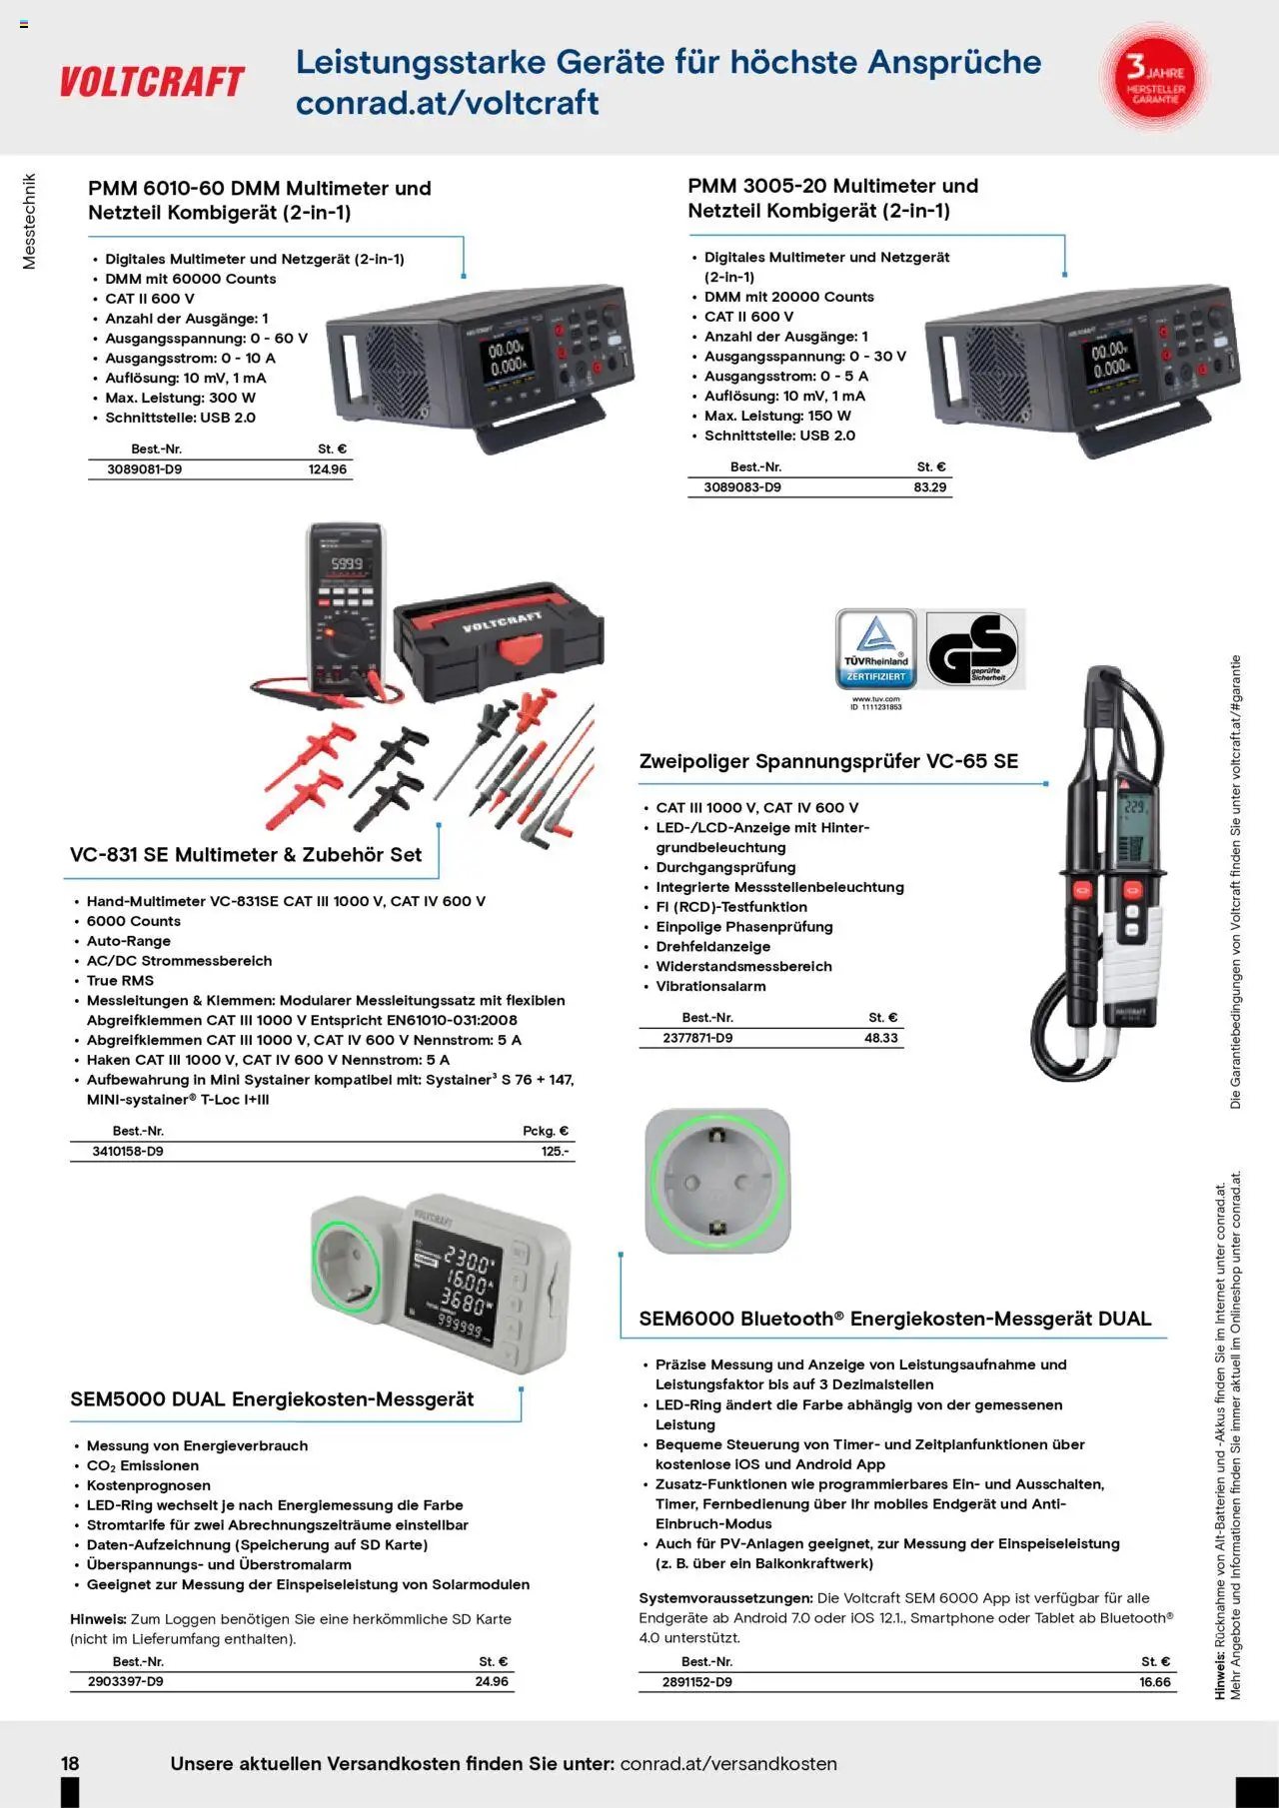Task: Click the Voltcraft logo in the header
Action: click(x=152, y=82)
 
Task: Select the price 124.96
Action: click(x=328, y=469)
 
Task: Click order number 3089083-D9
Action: click(x=742, y=487)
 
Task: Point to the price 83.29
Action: click(x=929, y=487)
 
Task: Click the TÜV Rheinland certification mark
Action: click(x=876, y=649)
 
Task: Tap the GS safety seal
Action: click(x=973, y=649)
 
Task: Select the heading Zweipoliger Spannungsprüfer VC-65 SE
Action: click(x=828, y=761)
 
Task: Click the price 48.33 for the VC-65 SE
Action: click(x=881, y=1038)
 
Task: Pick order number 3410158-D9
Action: click(x=128, y=1152)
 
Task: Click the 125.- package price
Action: click(x=556, y=1152)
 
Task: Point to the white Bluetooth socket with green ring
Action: click(x=717, y=1181)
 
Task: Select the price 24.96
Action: click(x=492, y=1682)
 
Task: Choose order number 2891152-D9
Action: click(x=696, y=1682)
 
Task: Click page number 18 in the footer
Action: click(x=70, y=1764)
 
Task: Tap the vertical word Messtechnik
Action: click(x=29, y=222)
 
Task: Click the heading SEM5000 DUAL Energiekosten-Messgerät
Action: click(x=272, y=1399)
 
